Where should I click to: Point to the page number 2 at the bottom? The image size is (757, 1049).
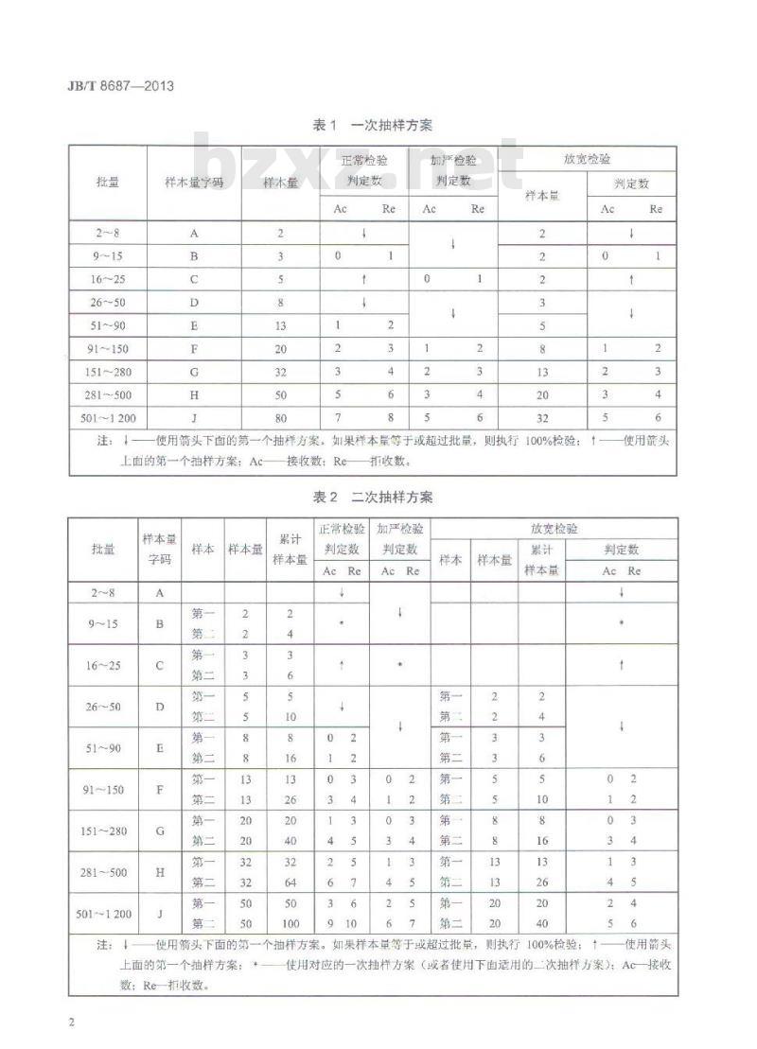[x=72, y=1023]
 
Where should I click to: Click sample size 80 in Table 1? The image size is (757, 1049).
[x=280, y=416]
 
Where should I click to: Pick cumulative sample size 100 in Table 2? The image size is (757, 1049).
[x=290, y=923]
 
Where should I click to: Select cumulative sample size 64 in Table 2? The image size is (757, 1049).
[x=290, y=883]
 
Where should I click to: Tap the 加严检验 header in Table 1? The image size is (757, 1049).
[x=452, y=159]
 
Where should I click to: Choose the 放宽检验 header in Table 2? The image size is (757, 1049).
[x=555, y=529]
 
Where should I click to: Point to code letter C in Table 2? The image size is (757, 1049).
[x=160, y=665]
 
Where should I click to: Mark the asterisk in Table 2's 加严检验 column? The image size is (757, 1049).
[x=400, y=665]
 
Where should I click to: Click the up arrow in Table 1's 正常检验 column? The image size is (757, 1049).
[x=363, y=280]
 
